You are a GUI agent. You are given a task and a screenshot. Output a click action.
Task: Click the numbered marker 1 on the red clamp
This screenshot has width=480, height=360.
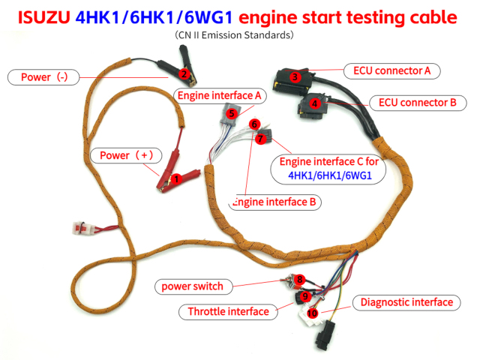pos(176,178)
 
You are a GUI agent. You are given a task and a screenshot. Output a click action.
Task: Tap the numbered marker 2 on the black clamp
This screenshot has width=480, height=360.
pos(184,73)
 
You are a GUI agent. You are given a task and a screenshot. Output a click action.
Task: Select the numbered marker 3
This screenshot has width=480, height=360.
pos(296,77)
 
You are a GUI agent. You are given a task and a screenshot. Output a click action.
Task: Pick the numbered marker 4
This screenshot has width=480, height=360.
pos(315,103)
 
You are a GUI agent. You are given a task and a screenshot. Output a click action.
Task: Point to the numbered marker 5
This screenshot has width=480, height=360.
pos(232,113)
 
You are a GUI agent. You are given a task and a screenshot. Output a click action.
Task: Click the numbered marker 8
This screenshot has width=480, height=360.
pos(300,280)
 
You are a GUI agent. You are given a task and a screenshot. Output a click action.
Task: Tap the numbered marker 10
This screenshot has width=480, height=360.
pos(313,312)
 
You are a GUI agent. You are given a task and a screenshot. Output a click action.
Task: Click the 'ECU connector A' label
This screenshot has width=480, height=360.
pos(391,70)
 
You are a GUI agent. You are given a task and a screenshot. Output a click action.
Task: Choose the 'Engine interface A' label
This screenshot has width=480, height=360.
pos(218,95)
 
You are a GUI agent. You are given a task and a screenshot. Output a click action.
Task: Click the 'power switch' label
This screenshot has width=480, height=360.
pos(192,286)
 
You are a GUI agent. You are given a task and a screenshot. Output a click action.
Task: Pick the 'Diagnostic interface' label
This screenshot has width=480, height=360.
pos(406,302)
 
